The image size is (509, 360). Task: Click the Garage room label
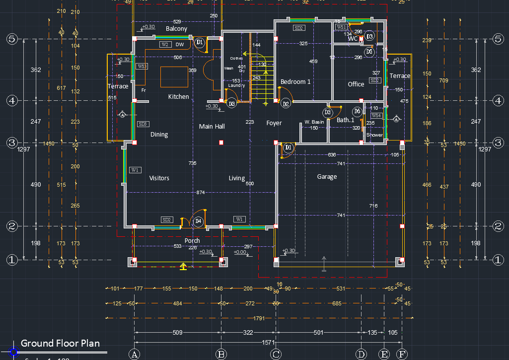(327, 177)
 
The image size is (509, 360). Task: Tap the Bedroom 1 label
(295, 82)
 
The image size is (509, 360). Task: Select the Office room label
(356, 84)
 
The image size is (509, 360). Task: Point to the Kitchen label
(178, 97)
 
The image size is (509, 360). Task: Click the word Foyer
(274, 123)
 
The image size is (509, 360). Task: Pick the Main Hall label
(212, 127)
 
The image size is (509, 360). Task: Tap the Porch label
(192, 241)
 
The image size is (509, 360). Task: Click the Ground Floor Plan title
(60, 343)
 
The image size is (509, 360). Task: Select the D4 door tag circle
(199, 220)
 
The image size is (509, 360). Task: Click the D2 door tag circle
(286, 104)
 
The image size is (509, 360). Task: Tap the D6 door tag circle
(357, 112)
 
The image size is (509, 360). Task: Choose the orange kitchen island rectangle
(174, 77)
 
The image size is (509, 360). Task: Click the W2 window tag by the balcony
(165, 45)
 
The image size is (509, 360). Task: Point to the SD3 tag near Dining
(143, 124)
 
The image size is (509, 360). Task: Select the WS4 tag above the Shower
(376, 115)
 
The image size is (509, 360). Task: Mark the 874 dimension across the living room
(201, 192)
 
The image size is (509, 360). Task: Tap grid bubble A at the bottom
(134, 354)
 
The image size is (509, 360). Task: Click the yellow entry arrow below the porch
(183, 267)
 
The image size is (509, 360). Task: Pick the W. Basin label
(314, 122)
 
